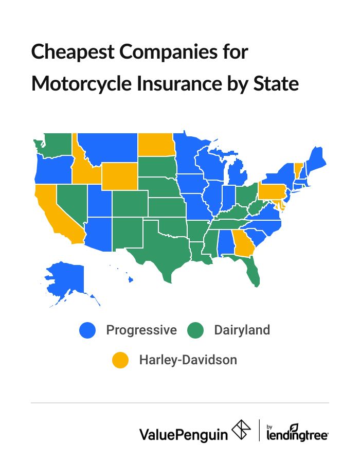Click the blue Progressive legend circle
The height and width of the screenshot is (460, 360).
88,330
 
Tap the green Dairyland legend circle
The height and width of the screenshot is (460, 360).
196,330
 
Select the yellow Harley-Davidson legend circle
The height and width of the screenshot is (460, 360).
121,360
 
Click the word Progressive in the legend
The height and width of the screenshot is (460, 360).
141,330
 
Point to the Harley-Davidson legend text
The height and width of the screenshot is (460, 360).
188,360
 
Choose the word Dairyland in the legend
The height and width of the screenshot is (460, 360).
242,330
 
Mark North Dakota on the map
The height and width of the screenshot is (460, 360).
155,144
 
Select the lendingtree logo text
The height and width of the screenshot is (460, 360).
297,434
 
